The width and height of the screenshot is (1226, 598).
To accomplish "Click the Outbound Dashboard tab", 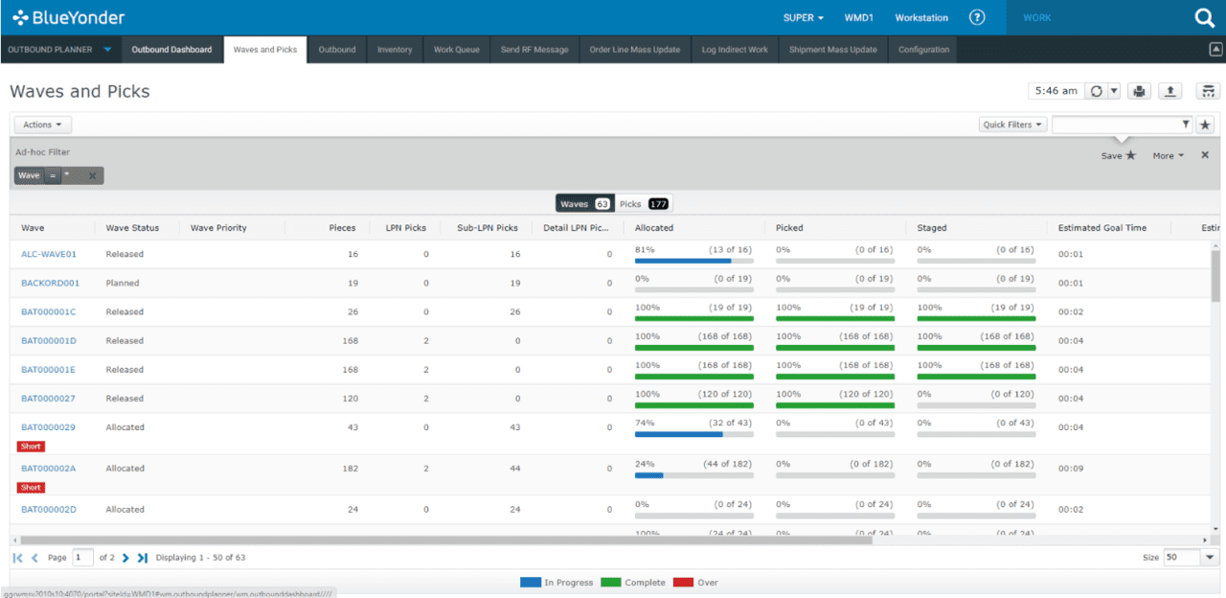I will pyautogui.click(x=171, y=50).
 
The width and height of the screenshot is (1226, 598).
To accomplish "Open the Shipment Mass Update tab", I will pyautogui.click(x=832, y=50).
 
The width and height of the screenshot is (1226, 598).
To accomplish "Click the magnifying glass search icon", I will pyautogui.click(x=1204, y=18).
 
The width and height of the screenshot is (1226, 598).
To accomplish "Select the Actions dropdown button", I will pyautogui.click(x=42, y=125).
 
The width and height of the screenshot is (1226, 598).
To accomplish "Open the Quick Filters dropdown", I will pyautogui.click(x=1012, y=125).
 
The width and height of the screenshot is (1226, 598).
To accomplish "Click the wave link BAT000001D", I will pyautogui.click(x=49, y=341).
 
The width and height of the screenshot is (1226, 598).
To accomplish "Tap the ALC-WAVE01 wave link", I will pyautogui.click(x=49, y=255).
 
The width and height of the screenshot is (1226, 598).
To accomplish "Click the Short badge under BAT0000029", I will pyautogui.click(x=31, y=447).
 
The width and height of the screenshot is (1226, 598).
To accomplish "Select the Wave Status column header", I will pyautogui.click(x=132, y=228).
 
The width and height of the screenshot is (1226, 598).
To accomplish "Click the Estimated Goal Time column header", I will pyautogui.click(x=1101, y=228).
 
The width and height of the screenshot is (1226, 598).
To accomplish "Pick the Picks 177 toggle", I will pyautogui.click(x=644, y=204).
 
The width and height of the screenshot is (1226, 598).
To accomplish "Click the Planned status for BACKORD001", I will pyautogui.click(x=123, y=284).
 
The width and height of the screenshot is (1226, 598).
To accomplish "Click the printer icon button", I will pyautogui.click(x=1139, y=91).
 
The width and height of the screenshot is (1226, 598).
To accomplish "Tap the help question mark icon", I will pyautogui.click(x=977, y=17).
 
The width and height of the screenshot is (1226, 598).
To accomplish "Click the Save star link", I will pyautogui.click(x=1118, y=155).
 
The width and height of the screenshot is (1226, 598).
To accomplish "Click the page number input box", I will pyautogui.click(x=83, y=558).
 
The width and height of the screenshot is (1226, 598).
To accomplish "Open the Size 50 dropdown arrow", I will pyautogui.click(x=1210, y=558).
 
